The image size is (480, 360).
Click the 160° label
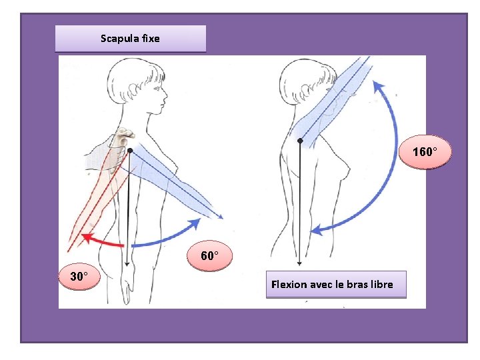425,153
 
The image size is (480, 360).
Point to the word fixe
151,39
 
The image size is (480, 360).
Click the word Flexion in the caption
289,285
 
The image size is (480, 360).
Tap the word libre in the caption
379,285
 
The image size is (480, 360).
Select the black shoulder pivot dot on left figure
130,151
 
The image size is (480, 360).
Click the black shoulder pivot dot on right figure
300,141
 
